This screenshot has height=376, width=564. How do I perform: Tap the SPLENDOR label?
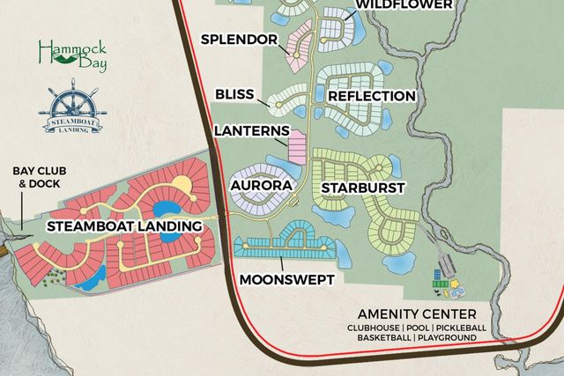239,40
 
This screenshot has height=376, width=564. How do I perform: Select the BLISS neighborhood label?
234,93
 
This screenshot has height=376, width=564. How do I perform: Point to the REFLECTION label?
371,95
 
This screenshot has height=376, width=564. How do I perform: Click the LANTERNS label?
251,131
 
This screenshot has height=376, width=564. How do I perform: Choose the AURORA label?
261,187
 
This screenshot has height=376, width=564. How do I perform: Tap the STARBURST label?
362,188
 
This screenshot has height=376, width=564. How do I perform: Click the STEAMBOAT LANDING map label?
119,226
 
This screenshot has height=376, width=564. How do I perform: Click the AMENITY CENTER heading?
417,313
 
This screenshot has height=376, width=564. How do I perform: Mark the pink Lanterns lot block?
297,146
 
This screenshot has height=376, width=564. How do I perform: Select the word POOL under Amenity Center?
419,327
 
